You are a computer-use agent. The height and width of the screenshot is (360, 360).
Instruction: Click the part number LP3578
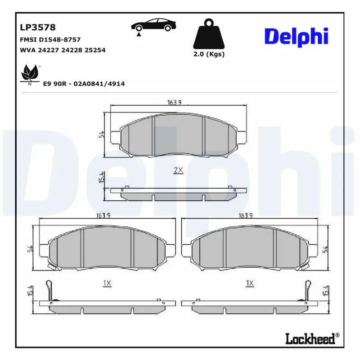point(38,28)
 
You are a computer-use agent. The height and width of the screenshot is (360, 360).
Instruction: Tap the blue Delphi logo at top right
point(296,37)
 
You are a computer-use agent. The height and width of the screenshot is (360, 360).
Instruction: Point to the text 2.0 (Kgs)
point(208,54)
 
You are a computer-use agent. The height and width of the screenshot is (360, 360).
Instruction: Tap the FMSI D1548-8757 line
point(50,40)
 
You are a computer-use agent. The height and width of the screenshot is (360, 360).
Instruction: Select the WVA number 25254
point(96,50)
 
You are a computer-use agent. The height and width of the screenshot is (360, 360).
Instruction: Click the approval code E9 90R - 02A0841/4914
point(84,84)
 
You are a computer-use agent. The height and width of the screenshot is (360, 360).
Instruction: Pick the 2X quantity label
point(178,170)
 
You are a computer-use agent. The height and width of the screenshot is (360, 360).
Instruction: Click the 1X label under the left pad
point(107,283)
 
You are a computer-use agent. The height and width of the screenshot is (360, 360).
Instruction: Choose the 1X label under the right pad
point(250,283)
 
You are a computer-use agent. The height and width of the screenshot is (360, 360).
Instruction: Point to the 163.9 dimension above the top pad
point(174,103)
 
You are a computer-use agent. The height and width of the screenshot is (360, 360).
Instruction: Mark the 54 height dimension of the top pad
point(102,135)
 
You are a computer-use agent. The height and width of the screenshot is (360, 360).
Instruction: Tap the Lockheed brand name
point(310,339)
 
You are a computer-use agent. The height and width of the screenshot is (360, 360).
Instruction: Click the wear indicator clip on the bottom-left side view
point(51,291)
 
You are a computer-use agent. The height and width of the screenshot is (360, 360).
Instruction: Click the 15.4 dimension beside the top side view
point(102,177)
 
